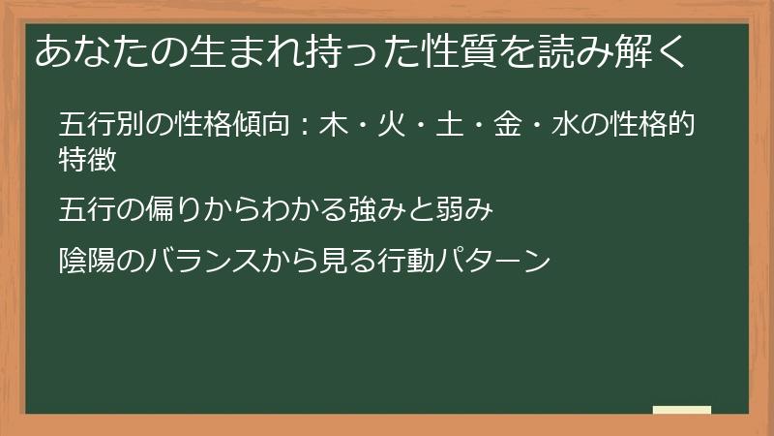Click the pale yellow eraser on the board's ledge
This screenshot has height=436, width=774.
[682, 410]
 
